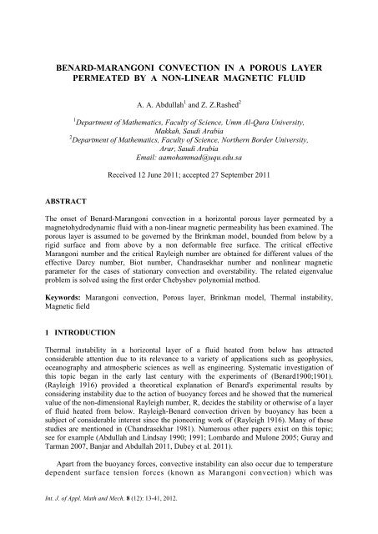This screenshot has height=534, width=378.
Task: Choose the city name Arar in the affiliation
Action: pos(173,148)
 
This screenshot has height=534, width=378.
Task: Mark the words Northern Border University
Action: pos(275,139)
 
